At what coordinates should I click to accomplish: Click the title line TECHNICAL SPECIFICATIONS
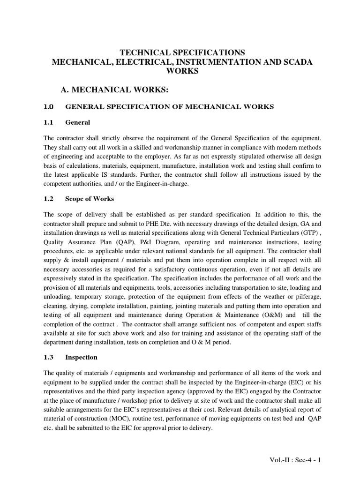183,52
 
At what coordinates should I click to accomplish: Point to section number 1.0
49,107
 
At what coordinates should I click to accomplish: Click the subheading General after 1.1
77,123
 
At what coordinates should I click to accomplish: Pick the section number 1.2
49,198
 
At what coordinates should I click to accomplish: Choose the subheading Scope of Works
90,198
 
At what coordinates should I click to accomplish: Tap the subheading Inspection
82,357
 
